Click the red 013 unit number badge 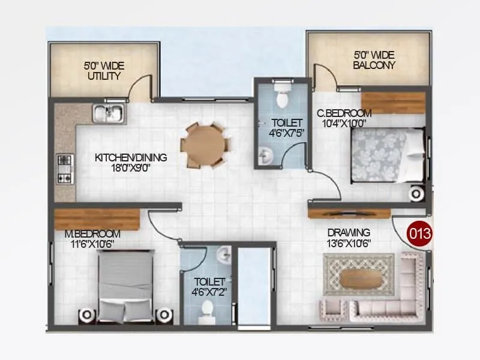[419, 233]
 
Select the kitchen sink [109, 112]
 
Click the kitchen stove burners [64, 169]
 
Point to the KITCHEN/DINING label [131, 158]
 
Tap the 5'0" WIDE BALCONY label [374, 60]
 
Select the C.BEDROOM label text [344, 113]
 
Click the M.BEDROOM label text [92, 233]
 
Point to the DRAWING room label [349, 232]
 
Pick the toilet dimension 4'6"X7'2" [209, 292]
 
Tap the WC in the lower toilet [207, 310]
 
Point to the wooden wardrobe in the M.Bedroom [97, 217]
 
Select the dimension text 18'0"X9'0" [131, 168]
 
